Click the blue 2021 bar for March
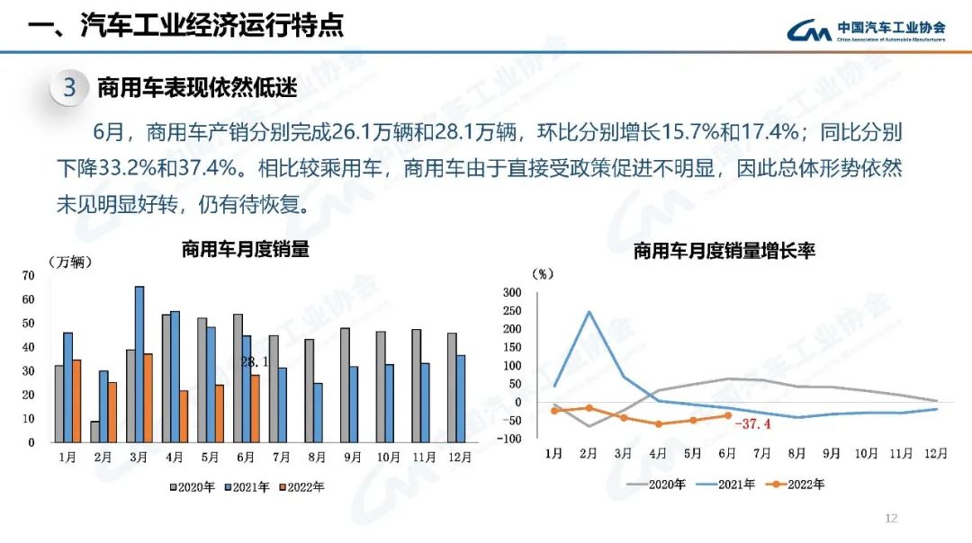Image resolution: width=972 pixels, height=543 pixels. [x=139, y=364]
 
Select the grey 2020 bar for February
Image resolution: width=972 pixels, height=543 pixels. [x=94, y=432]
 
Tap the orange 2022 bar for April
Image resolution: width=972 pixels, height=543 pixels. [x=184, y=416]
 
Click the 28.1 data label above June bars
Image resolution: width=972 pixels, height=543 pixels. [x=255, y=361]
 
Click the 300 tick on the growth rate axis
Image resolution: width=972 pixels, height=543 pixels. [x=511, y=292]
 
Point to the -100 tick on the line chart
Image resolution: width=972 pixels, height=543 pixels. [x=509, y=439]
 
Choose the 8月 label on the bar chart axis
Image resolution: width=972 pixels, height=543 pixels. [x=315, y=458]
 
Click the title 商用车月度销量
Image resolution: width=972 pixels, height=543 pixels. [x=245, y=250]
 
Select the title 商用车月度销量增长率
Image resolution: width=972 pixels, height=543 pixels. [x=724, y=252]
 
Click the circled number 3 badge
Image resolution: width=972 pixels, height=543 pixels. [x=68, y=89]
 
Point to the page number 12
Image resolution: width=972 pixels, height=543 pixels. [x=892, y=519]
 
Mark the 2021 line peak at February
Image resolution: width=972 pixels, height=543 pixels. [x=589, y=312]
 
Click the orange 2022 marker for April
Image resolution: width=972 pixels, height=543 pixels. [x=658, y=423]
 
